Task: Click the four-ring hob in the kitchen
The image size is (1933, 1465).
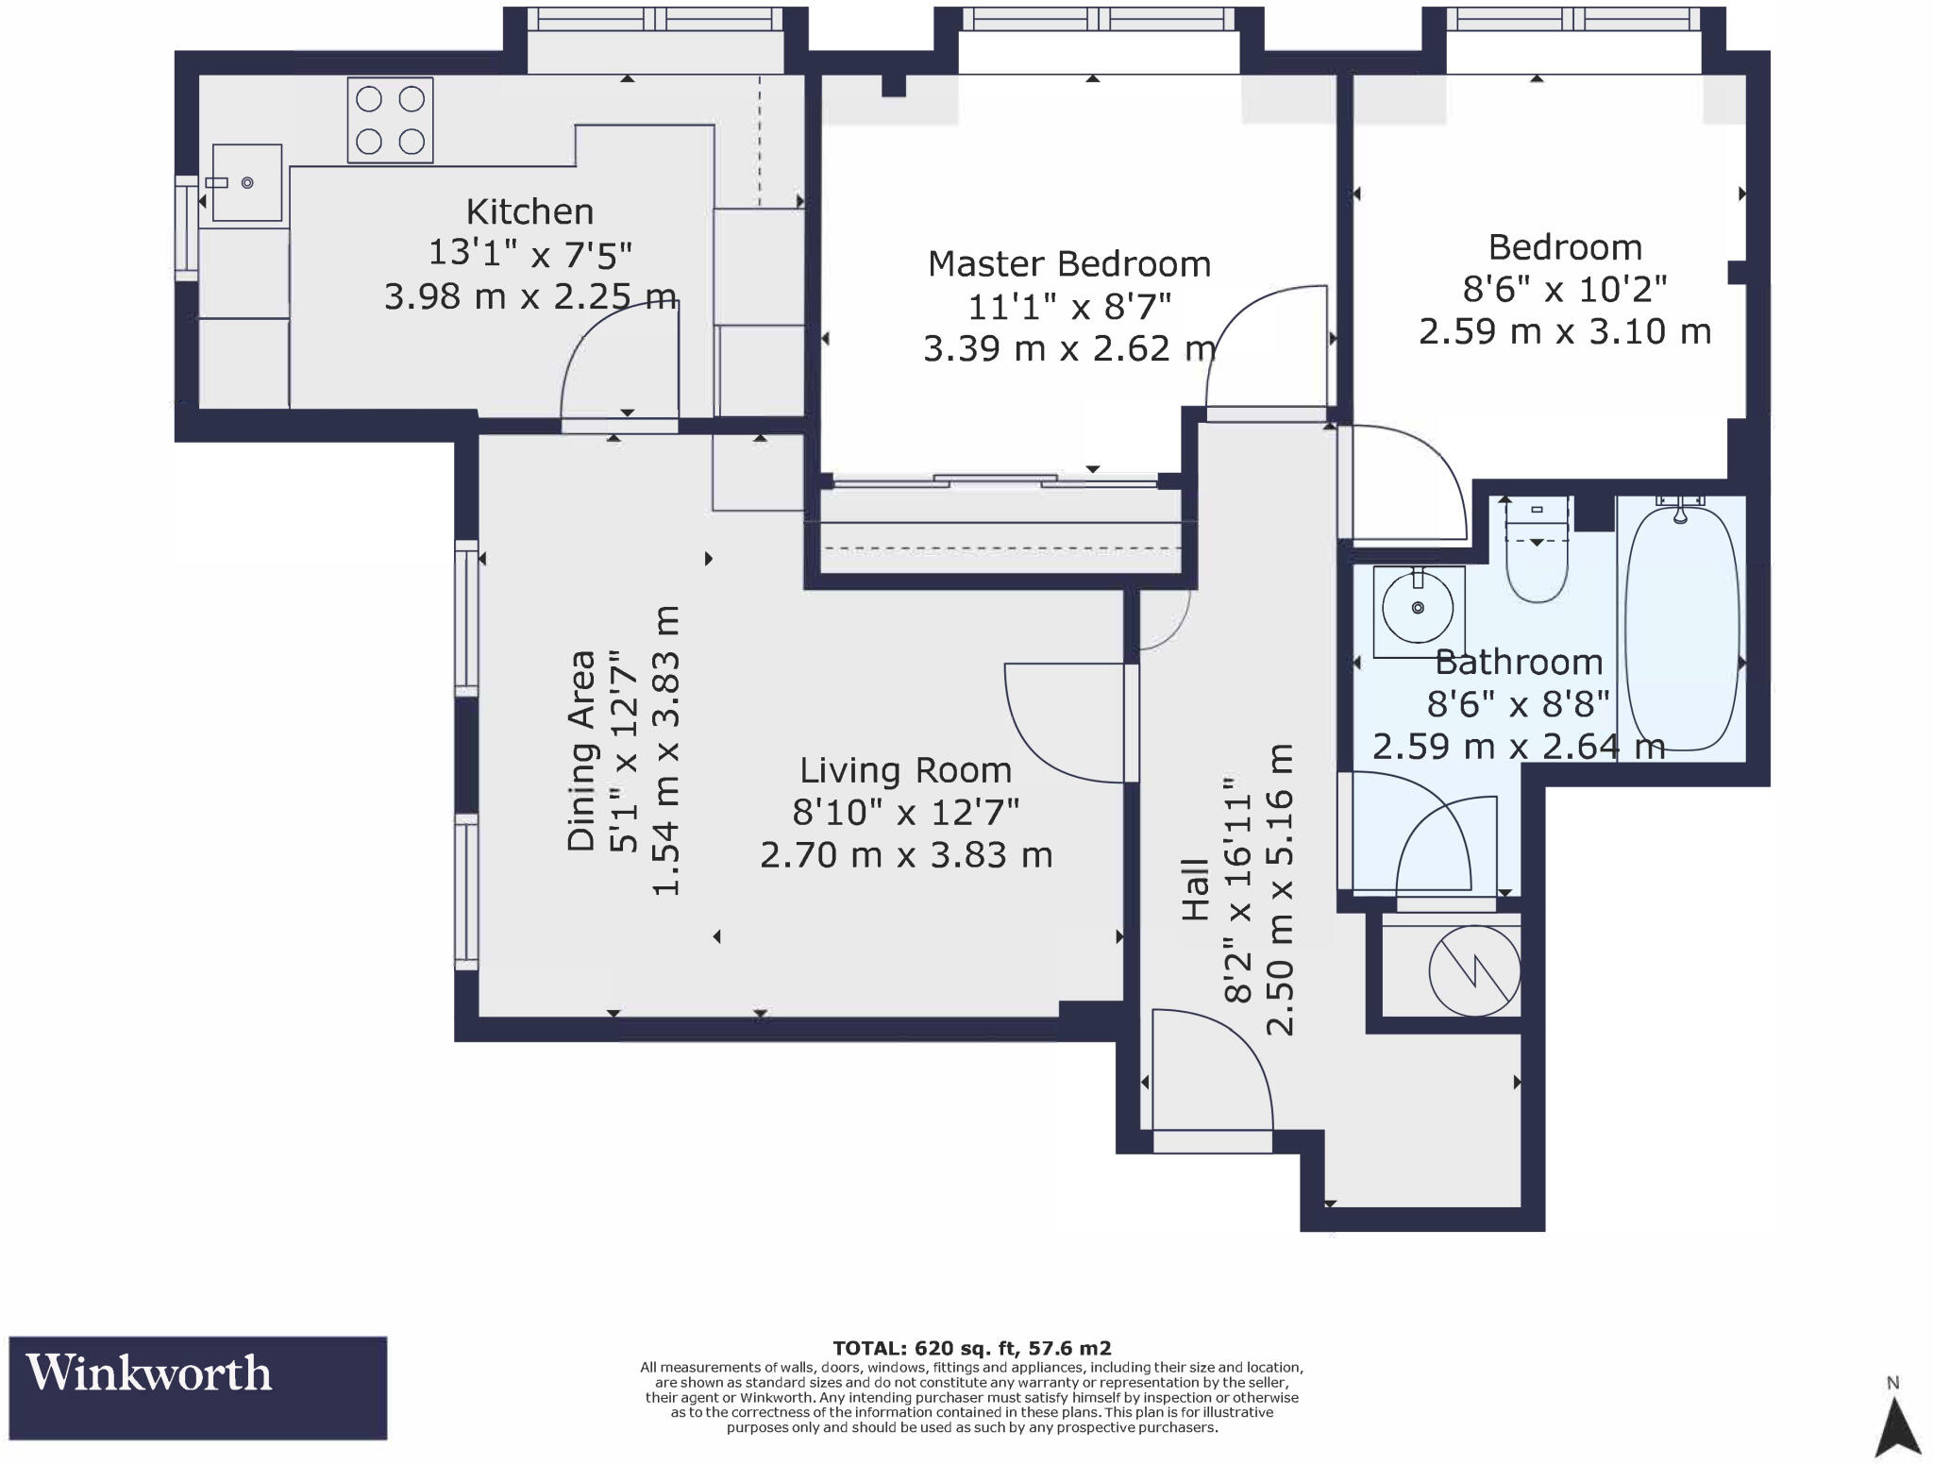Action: (x=390, y=120)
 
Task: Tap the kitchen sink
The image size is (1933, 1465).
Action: (x=246, y=182)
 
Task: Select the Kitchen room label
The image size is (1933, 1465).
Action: (x=530, y=211)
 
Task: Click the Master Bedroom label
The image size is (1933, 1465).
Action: (x=1069, y=263)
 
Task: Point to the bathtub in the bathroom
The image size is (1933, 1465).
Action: (x=1681, y=628)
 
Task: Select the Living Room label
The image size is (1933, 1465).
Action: (x=906, y=770)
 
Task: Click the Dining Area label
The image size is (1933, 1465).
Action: (x=581, y=750)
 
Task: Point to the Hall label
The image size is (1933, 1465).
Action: (x=1195, y=889)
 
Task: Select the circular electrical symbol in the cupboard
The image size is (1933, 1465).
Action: (x=1474, y=970)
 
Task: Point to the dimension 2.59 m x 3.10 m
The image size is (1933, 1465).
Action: (x=1565, y=331)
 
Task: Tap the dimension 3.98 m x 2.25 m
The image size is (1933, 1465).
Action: (x=530, y=296)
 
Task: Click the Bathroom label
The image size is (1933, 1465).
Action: (x=1519, y=662)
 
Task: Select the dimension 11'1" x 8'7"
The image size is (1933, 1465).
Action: (x=1069, y=306)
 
